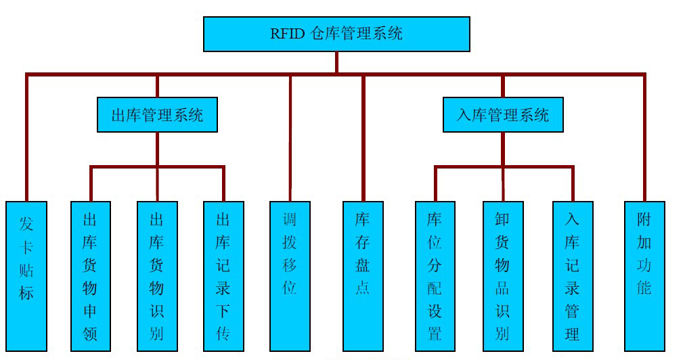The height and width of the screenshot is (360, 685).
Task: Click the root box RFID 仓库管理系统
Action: [336, 34]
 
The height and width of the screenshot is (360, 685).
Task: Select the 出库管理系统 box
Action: [157, 114]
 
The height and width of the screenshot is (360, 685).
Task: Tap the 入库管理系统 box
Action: [503, 114]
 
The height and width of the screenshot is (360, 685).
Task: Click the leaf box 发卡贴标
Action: [26, 276]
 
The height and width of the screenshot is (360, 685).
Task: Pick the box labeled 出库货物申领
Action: [91, 276]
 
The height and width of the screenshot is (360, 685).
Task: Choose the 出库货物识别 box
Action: [157, 276]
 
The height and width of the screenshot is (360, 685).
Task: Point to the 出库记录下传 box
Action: [223, 276]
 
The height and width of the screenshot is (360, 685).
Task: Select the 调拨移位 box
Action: [290, 276]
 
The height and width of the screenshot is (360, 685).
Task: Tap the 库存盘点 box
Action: [363, 276]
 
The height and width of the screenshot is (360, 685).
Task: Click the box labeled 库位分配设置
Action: [435, 276]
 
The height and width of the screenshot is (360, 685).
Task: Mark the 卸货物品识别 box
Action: [502, 276]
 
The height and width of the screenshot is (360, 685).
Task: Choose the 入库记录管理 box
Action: [573, 276]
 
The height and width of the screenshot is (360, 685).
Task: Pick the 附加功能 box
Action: [644, 276]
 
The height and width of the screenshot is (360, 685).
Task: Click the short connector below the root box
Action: [336, 62]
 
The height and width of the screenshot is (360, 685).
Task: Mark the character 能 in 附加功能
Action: [644, 288]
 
